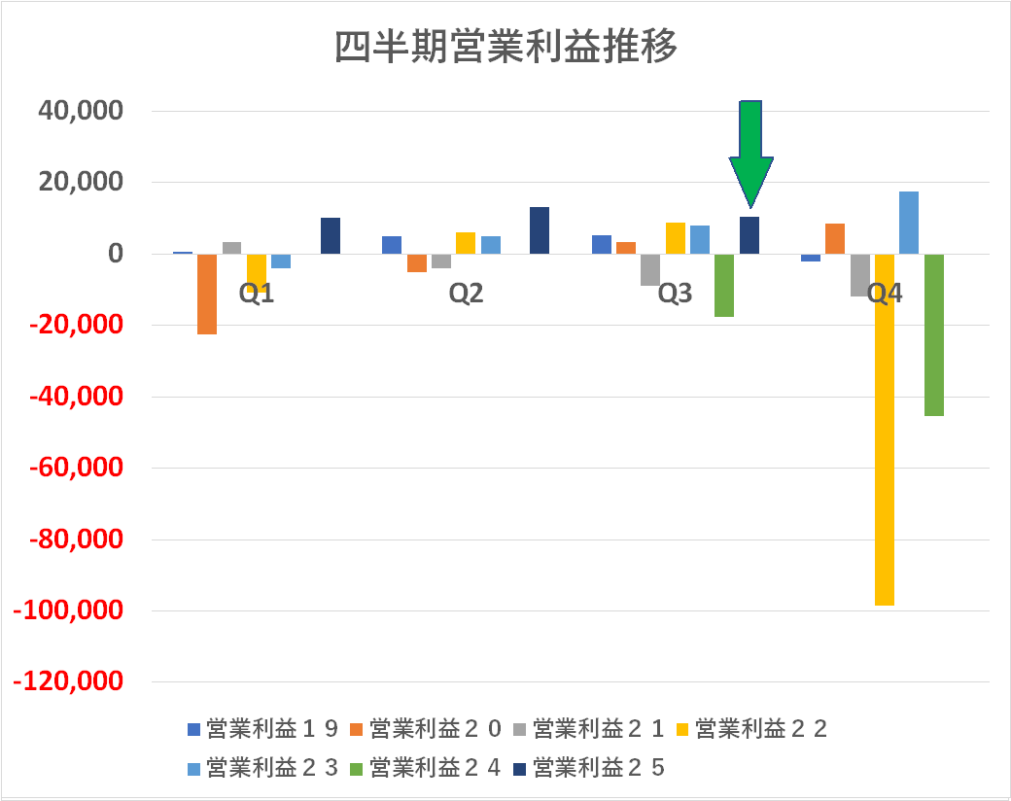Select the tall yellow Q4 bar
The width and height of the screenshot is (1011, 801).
(x=884, y=429)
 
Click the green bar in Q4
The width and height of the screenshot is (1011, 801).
(x=933, y=334)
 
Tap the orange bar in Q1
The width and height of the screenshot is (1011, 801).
(x=207, y=294)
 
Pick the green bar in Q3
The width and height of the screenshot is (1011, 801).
(x=724, y=285)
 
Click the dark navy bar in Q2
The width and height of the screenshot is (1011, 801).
(x=540, y=230)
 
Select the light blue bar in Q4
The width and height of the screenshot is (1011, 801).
(x=909, y=223)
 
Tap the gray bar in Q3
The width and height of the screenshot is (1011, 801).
(x=650, y=269)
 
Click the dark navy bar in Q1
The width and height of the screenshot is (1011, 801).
(x=331, y=235)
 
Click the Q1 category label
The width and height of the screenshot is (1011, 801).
(x=257, y=294)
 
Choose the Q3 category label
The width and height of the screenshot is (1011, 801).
(x=675, y=294)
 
